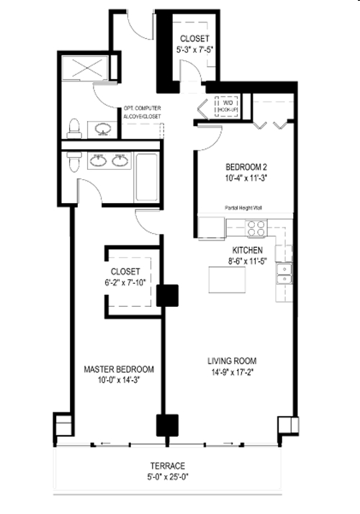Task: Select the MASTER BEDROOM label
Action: point(120,369)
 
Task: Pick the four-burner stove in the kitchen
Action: point(256,229)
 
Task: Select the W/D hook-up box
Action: point(228,107)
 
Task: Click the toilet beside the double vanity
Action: point(70,162)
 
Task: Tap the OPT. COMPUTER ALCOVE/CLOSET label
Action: point(142,112)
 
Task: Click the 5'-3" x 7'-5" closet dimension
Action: point(194,50)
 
